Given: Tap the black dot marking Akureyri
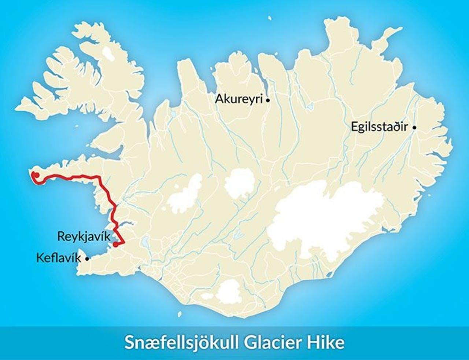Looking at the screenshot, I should pyautogui.click(x=268, y=100).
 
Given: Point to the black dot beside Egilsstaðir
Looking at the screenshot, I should pyautogui.click(x=414, y=128).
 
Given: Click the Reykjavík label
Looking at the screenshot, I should pyautogui.click(x=84, y=236).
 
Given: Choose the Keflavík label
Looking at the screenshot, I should pyautogui.click(x=58, y=258).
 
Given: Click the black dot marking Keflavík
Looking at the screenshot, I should pyautogui.click(x=87, y=258).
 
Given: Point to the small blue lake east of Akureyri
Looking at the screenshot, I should pyautogui.click(x=311, y=107).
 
